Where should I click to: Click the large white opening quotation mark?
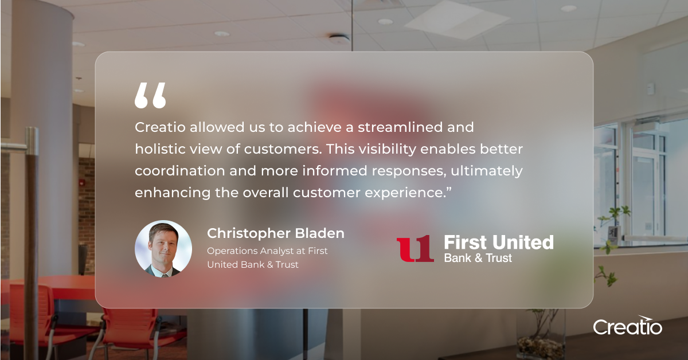150,95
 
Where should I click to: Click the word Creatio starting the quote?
160,127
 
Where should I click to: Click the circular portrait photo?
163,248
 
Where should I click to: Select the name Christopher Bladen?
276,233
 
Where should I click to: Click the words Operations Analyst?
250,251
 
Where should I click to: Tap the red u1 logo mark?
415,248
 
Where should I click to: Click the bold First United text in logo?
499,242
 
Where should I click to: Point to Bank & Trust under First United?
478,258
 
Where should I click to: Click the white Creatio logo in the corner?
627,325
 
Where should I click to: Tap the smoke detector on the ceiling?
339,38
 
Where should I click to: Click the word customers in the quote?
283,149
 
